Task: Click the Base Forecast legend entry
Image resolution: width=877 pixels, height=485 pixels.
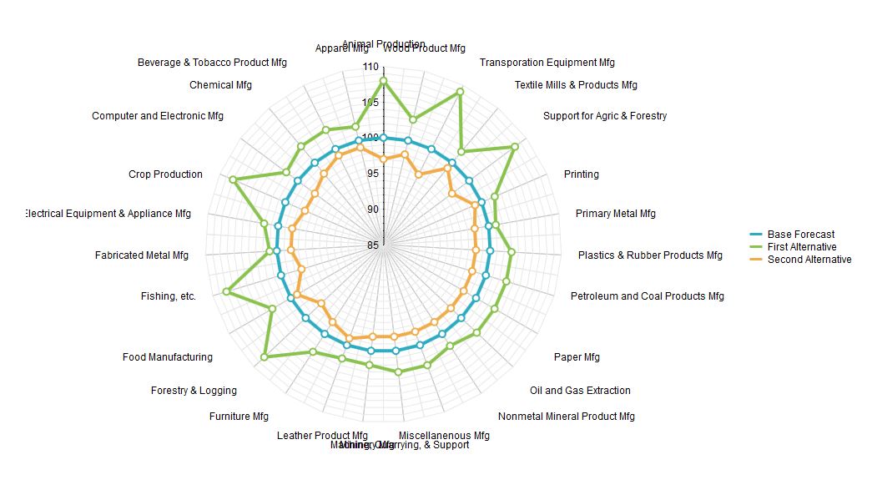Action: [x=800, y=235]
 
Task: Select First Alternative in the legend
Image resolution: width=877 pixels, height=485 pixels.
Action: [x=801, y=247]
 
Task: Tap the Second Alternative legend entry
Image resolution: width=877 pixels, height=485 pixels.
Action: [x=809, y=260]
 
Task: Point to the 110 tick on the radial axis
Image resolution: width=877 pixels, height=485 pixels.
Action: [x=370, y=67]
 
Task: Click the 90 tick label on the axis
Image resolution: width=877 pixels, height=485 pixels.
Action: [x=371, y=210]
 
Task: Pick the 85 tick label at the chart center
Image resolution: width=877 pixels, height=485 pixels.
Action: [x=371, y=245]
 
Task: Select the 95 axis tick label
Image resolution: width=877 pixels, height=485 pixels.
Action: [x=371, y=174]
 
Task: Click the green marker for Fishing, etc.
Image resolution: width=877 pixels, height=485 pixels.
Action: [x=226, y=291]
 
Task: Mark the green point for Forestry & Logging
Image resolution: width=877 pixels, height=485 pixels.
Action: [x=265, y=357]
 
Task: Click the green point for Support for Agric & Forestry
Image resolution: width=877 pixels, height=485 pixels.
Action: [x=514, y=147]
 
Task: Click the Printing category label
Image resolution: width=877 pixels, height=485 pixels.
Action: [x=581, y=174]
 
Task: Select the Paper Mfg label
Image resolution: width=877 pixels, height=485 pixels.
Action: [x=577, y=357]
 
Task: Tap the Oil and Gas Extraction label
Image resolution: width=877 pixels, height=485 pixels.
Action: [x=580, y=391]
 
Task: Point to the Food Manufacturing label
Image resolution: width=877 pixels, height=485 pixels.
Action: [x=167, y=357]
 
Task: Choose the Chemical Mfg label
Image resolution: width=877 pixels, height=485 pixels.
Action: [x=220, y=85]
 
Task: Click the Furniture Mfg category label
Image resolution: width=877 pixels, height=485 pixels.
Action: [x=239, y=417]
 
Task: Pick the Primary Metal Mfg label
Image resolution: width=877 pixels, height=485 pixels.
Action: [x=615, y=214]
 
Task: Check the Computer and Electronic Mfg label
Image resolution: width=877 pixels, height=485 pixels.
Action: [x=158, y=116]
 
